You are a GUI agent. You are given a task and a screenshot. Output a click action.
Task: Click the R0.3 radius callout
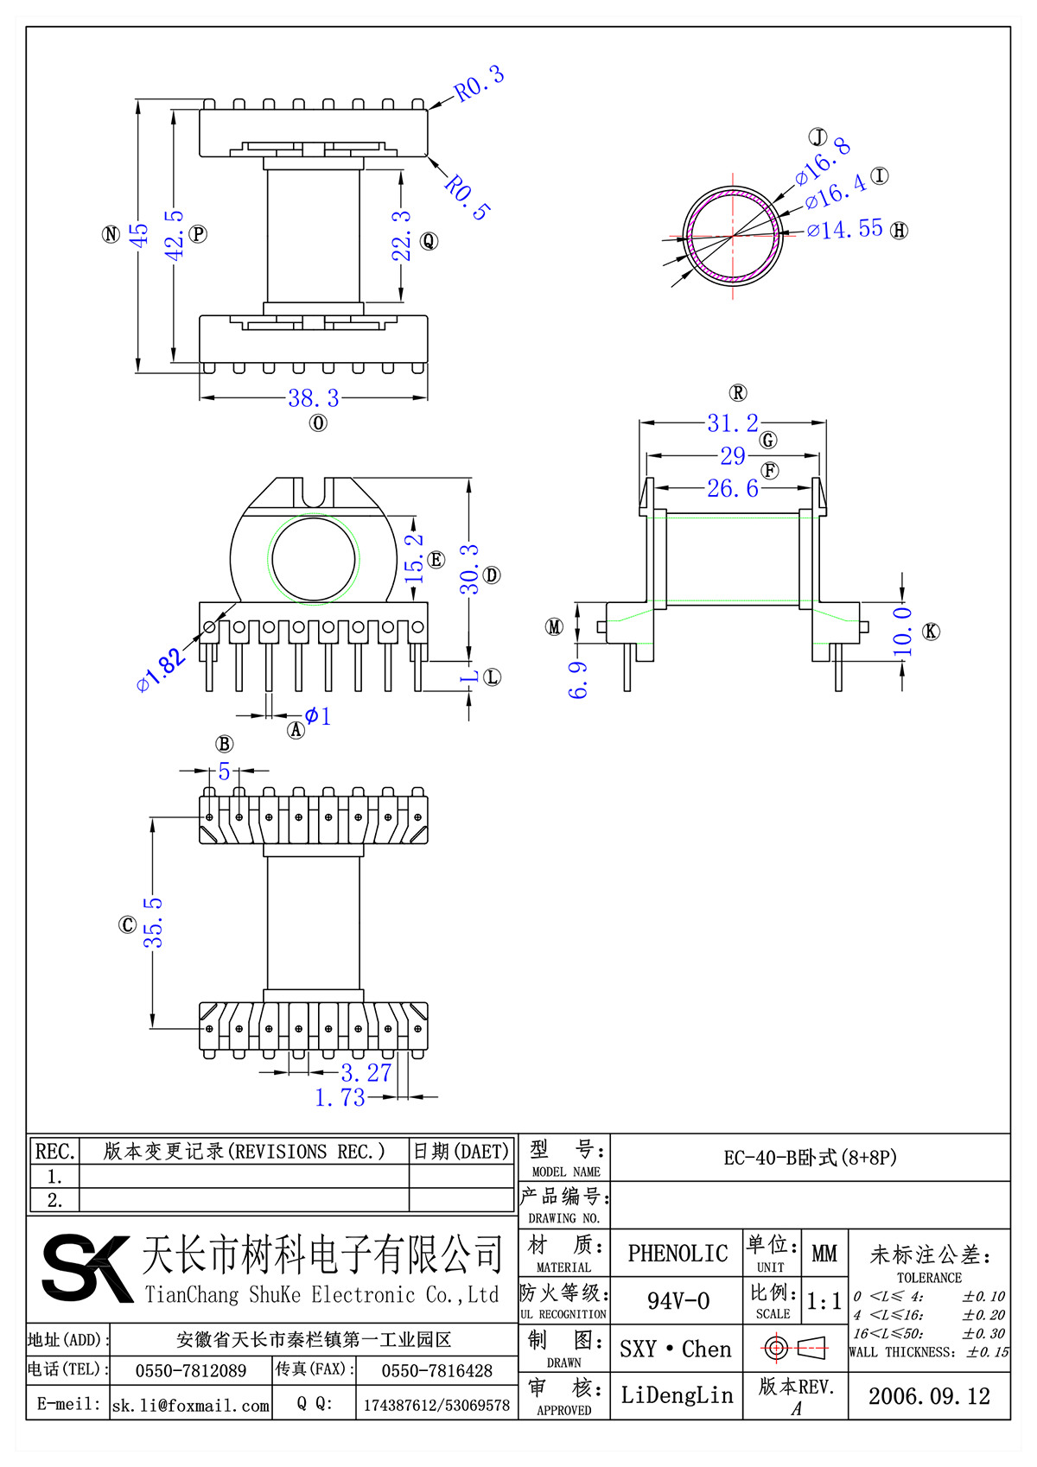pos(480,84)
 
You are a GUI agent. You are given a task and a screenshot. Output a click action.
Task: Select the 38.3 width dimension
pos(313,398)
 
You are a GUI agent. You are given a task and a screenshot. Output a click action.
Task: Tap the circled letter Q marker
pos(429,241)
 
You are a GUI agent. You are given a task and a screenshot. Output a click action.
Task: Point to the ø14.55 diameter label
pos(845,230)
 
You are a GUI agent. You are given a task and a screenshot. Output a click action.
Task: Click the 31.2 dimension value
pos(732,423)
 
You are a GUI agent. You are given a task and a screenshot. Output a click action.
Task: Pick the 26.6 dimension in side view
pos(732,489)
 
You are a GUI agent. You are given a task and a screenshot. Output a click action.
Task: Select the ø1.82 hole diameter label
pos(162,670)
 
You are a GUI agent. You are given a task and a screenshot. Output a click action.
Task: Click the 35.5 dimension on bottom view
pos(153,922)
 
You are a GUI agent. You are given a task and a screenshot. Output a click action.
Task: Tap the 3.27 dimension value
pos(366,1073)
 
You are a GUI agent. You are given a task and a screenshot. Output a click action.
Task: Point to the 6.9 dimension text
pos(578,680)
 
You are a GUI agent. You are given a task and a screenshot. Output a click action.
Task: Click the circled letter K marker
pos(931,632)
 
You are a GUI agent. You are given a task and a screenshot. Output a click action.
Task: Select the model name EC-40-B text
pos(810,1158)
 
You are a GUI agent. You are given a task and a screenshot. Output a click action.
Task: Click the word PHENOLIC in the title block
pos(678,1254)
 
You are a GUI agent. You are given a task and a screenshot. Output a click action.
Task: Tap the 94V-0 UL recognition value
pos(678,1301)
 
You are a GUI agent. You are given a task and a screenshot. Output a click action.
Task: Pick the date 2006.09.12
pos(929,1396)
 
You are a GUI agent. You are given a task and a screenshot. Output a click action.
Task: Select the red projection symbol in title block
pos(795,1348)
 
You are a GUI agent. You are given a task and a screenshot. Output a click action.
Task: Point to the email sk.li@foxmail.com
pos(191,1406)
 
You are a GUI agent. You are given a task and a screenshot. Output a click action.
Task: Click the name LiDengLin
pos(677,1395)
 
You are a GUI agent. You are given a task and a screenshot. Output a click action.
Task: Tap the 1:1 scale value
pos(824,1301)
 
